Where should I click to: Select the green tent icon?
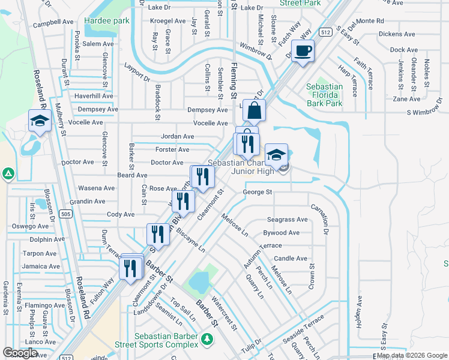click(x=8, y=174)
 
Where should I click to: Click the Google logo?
click(x=20, y=353)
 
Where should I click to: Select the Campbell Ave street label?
click(x=53, y=25)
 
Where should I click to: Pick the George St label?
click(x=258, y=193)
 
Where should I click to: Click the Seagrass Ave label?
click(x=287, y=220)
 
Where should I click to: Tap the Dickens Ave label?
click(x=398, y=34)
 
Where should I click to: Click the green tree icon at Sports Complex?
click(x=206, y=340)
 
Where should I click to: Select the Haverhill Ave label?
click(x=94, y=96)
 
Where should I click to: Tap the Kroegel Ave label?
click(x=168, y=20)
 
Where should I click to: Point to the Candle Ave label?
click(x=291, y=259)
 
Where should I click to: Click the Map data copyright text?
click(x=411, y=355)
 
